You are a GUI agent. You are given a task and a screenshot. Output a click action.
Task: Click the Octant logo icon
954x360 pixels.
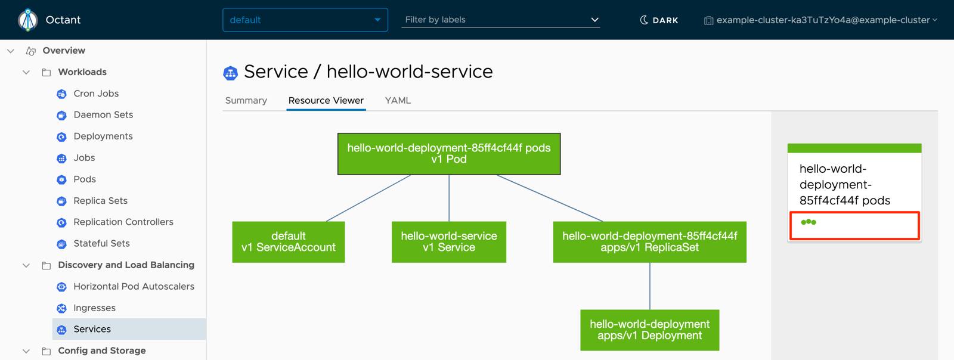(27, 20)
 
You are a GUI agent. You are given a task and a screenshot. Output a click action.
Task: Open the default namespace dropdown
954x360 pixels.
(305, 20)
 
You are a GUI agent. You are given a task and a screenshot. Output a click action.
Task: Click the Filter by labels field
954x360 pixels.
(500, 20)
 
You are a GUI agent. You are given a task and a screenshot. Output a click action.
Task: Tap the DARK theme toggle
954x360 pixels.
(659, 20)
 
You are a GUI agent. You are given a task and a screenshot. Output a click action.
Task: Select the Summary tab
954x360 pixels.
(246, 100)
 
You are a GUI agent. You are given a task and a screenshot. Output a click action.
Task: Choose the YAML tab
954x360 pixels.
(398, 100)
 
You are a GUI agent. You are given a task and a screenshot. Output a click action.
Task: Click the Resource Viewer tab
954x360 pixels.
(326, 100)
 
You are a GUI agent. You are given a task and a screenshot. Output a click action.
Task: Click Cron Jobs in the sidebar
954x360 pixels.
(95, 94)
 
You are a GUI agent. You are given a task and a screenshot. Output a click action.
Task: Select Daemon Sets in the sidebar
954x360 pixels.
(103, 114)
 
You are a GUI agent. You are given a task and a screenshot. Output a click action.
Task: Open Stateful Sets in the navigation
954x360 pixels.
(101, 243)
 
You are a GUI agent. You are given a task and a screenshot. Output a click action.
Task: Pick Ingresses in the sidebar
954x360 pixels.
(94, 308)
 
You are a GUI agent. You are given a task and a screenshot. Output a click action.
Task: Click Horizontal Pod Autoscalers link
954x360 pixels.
(134, 286)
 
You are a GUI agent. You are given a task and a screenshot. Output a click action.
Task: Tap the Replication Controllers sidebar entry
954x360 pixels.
(123, 222)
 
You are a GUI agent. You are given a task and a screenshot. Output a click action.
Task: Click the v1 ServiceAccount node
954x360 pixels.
(288, 242)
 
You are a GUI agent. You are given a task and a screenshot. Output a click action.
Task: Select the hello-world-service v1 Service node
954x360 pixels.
(448, 242)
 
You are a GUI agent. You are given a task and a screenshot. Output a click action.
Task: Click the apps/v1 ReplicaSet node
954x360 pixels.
(649, 242)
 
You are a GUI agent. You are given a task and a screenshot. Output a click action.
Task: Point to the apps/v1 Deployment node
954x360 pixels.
(649, 330)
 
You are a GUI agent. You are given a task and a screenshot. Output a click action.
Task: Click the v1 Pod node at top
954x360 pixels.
(448, 154)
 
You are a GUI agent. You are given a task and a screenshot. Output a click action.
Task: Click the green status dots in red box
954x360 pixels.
(809, 222)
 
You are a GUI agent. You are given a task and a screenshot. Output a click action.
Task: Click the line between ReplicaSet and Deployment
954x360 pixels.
(650, 286)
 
